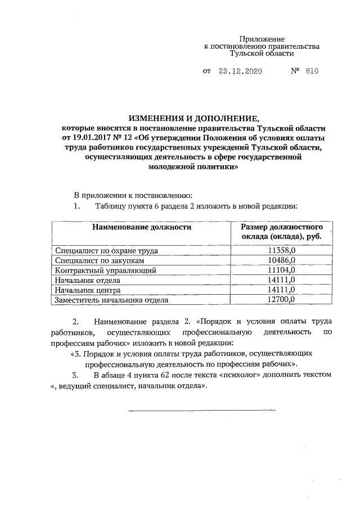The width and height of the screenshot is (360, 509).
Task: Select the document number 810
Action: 312,72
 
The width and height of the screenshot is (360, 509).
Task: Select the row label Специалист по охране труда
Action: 106,250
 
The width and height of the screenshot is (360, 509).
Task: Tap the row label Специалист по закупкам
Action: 100,260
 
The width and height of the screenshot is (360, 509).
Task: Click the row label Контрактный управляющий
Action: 104,270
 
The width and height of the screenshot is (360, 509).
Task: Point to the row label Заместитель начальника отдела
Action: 111,300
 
